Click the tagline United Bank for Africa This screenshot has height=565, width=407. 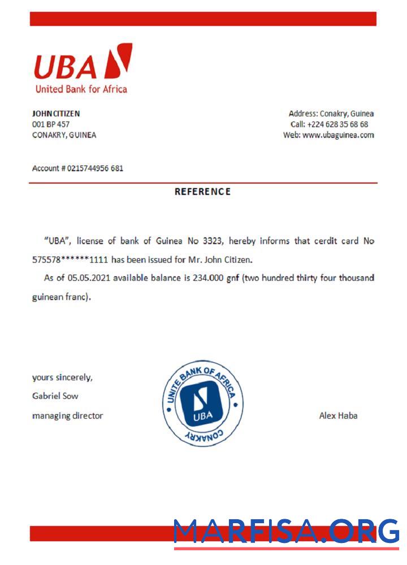tap(81, 89)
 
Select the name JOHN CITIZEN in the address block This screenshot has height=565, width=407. tap(56, 114)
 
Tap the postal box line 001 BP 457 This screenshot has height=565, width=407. tap(51, 124)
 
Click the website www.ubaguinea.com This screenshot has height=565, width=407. tap(338, 135)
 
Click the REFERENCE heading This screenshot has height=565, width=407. tap(202, 192)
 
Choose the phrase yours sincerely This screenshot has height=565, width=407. tap(62, 377)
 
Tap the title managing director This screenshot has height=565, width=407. tap(68, 416)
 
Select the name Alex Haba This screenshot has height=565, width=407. tap(338, 416)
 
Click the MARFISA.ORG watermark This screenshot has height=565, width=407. tap(286, 532)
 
